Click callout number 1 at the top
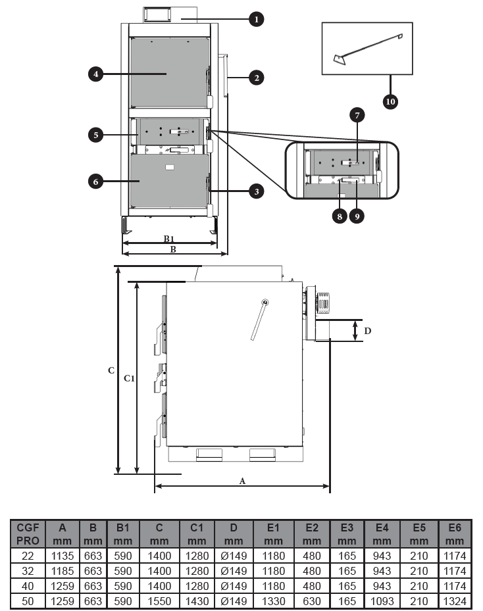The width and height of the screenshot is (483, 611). [256, 19]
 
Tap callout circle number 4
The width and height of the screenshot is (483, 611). [96, 74]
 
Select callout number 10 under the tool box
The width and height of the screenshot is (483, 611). [390, 102]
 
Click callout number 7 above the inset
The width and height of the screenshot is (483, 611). [357, 115]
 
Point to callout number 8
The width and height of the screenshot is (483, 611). [340, 216]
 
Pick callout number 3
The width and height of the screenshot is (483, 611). [256, 191]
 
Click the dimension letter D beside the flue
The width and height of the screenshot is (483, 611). [367, 331]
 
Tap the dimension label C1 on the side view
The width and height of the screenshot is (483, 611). [129, 378]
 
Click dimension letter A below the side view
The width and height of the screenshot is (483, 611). [242, 481]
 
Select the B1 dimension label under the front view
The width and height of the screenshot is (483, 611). [168, 239]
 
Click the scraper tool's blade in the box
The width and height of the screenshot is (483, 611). [339, 60]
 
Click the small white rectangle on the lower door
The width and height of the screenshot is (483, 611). [170, 168]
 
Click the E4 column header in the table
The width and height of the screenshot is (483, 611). [382, 534]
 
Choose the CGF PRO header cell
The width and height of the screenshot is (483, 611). [28, 534]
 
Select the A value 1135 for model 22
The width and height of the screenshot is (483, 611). [63, 556]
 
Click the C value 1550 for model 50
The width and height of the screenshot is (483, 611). [159, 601]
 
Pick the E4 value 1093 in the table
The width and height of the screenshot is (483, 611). [382, 601]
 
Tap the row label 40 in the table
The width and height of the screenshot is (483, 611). [28, 586]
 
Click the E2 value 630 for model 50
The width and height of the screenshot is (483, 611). [311, 601]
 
